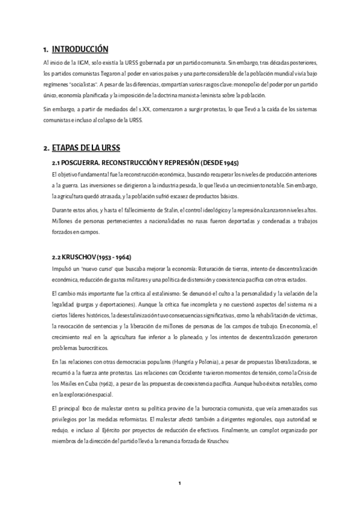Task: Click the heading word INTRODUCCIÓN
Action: point(80,49)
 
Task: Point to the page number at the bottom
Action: point(179,483)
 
